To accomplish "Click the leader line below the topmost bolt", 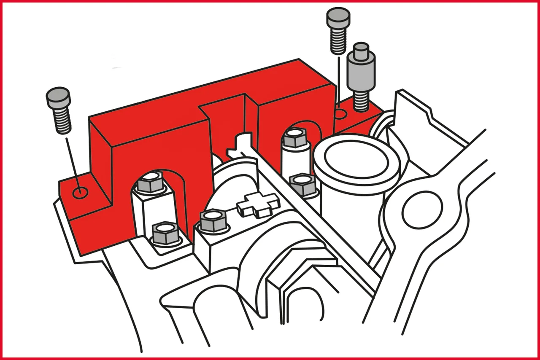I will click(338, 80).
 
